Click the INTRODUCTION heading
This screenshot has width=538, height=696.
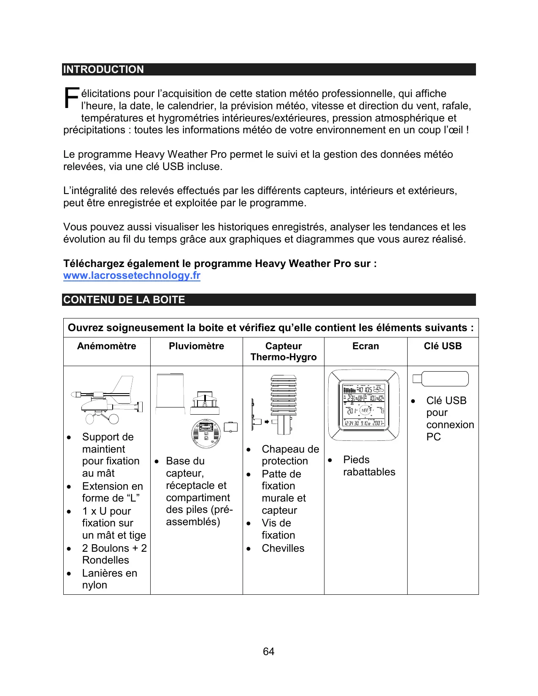pyautogui.click(x=103, y=70)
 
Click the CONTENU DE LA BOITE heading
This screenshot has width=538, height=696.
pyautogui.click(x=124, y=300)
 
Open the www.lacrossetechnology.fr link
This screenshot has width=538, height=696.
pyautogui.click(x=132, y=276)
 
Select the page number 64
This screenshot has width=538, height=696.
pyautogui.click(x=268, y=652)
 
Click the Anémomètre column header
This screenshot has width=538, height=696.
pyautogui.click(x=107, y=346)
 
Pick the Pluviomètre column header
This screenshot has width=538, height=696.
pyautogui.click(x=196, y=346)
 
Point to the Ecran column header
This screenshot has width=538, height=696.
pyautogui.click(x=365, y=346)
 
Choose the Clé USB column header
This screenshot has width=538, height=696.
pyautogui.click(x=443, y=346)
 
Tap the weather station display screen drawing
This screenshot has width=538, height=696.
pyautogui.click(x=364, y=405)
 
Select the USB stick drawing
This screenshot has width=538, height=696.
pyautogui.click(x=441, y=379)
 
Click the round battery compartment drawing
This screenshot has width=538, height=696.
pyautogui.click(x=206, y=434)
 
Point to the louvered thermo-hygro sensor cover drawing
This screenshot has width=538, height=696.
pyautogui.click(x=284, y=401)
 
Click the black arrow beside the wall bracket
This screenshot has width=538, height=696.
pyautogui.click(x=267, y=421)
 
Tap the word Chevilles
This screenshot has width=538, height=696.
pyautogui.click(x=283, y=548)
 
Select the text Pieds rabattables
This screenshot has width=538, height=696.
pyautogui.click(x=369, y=466)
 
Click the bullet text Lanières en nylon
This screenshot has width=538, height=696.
pyautogui.click(x=109, y=579)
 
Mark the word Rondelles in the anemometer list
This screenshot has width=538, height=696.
pyautogui.click(x=105, y=560)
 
